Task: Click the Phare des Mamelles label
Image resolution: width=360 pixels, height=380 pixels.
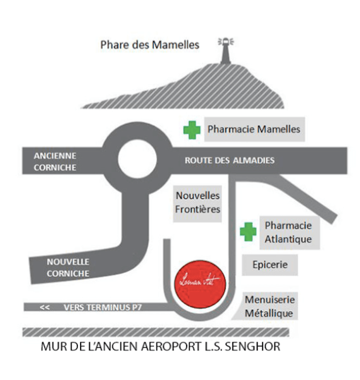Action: pos(149,45)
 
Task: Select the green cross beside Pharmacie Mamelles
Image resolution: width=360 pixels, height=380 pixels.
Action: pos(192,130)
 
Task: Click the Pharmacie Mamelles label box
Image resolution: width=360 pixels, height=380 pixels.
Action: pos(254,129)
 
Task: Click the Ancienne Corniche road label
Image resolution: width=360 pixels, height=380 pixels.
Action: pos(55,162)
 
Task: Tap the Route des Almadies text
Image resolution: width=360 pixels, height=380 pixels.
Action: pos(229,160)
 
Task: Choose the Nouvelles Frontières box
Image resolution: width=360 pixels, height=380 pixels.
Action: pos(198,203)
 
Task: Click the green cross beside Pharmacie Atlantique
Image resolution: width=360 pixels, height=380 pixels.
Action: pos(248,232)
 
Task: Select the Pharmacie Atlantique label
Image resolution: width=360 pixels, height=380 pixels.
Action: pos(288,232)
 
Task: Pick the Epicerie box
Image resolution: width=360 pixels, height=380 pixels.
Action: pos(270,264)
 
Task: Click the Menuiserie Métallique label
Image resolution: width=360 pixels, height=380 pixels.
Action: pos(269,307)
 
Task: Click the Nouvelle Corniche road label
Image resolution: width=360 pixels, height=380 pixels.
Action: pos(68,268)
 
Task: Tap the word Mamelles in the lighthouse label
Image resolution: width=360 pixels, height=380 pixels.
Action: pos(175,45)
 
